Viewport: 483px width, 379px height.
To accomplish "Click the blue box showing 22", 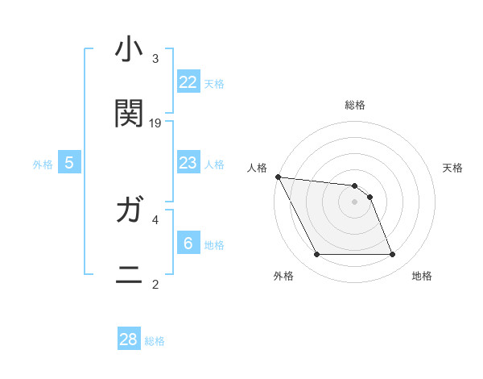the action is click(x=188, y=82).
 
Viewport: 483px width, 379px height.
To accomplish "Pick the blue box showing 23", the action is click(x=188, y=164).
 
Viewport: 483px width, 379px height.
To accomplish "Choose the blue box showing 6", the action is click(x=188, y=244).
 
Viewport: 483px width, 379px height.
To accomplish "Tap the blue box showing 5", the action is click(x=69, y=164).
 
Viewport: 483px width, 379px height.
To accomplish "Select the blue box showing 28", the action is click(x=129, y=339).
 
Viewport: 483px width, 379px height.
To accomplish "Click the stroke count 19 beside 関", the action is click(x=155, y=123).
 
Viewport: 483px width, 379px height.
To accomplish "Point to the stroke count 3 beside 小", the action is click(x=155, y=59).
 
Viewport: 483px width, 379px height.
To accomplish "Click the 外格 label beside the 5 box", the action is click(x=43, y=165).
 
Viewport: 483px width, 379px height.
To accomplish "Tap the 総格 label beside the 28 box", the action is click(x=155, y=341).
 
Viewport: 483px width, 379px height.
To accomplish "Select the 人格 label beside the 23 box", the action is click(x=214, y=165).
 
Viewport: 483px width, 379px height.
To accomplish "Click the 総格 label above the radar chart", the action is click(x=355, y=105).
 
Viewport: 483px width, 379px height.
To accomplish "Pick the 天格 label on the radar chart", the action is click(x=453, y=168).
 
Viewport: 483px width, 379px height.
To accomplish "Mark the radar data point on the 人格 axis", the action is click(x=278, y=177).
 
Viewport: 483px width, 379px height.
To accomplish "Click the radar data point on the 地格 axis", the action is click(x=393, y=255).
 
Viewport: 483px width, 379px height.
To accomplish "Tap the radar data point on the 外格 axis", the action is click(x=316, y=255).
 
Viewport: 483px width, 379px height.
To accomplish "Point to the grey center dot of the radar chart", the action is click(x=355, y=202).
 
